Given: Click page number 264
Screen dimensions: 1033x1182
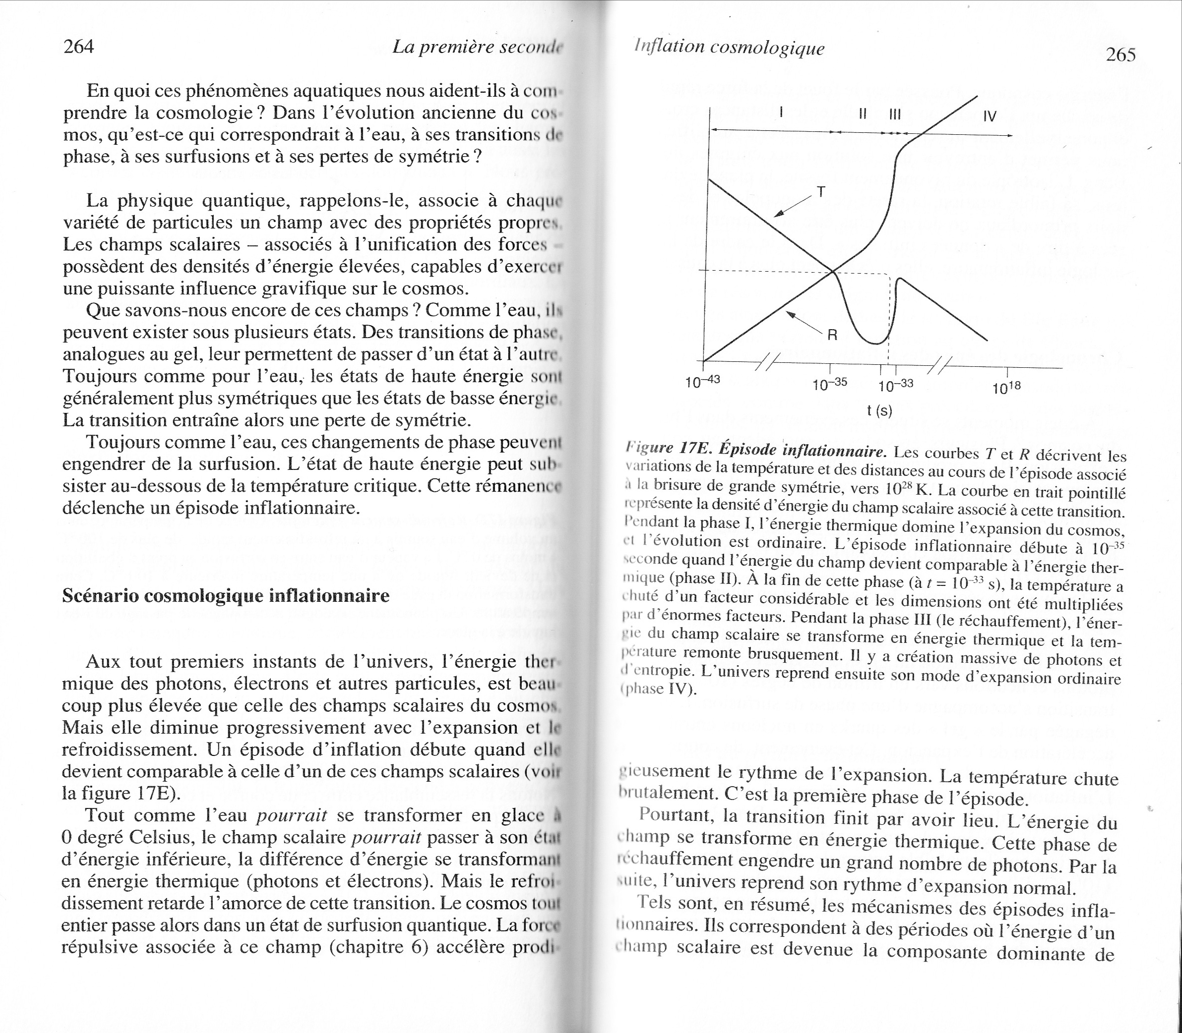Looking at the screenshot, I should (x=78, y=46).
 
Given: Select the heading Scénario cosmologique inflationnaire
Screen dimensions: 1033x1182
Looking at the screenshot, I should (x=226, y=595).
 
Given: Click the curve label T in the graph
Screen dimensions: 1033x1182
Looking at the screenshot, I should (x=821, y=192).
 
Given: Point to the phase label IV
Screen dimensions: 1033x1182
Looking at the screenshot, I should (x=990, y=116).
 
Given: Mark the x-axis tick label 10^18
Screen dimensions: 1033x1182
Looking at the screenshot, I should (x=1006, y=388).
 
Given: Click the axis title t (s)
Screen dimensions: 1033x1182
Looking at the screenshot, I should (x=879, y=411).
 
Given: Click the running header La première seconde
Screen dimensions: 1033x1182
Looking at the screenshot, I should (x=476, y=47).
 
